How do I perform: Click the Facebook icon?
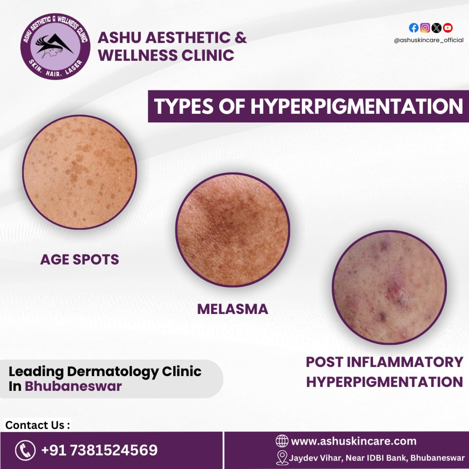(x=414, y=28)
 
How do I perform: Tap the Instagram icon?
(x=425, y=28)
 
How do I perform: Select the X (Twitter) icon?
(x=436, y=28)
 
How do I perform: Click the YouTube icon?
(x=448, y=28)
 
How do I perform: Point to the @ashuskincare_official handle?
(x=429, y=40)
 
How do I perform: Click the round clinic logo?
(x=55, y=46)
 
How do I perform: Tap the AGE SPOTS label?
(x=80, y=260)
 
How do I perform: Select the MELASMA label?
(x=233, y=309)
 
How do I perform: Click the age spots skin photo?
(x=79, y=172)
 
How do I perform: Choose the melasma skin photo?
(x=233, y=230)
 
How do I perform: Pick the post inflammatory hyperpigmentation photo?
(x=389, y=288)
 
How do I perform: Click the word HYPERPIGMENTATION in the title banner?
(x=357, y=106)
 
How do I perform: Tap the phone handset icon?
(x=25, y=450)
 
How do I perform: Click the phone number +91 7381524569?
(x=99, y=450)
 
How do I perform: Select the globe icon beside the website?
(x=282, y=441)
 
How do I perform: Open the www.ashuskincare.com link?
(x=354, y=441)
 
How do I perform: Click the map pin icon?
(x=282, y=458)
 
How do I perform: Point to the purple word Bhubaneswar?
(x=73, y=386)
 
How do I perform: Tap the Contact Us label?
(x=38, y=425)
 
